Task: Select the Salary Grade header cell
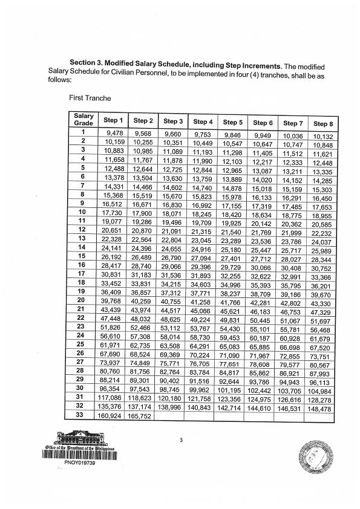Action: coord(83,119)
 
